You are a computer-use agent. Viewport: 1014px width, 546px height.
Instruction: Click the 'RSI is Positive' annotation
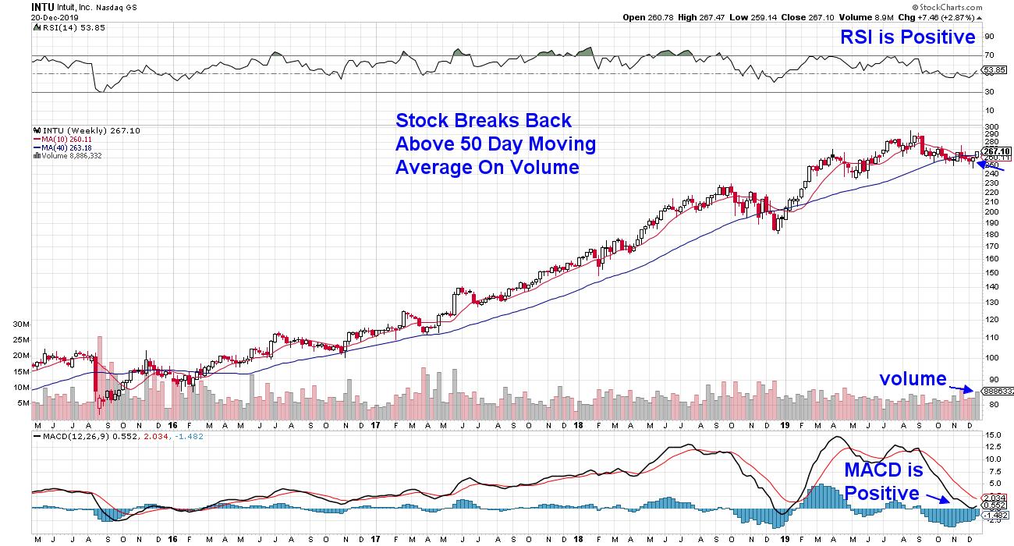(907, 37)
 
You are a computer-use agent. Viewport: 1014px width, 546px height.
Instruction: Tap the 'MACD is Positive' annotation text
(883, 482)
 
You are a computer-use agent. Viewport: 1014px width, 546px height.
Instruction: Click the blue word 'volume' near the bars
(913, 379)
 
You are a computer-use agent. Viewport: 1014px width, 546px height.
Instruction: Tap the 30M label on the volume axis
(21, 323)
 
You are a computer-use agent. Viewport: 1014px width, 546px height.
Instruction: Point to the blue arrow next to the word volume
(962, 385)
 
